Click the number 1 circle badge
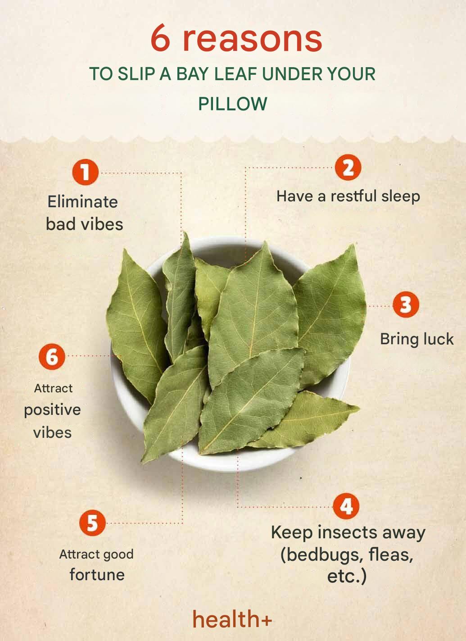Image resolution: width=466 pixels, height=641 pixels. tap(85, 172)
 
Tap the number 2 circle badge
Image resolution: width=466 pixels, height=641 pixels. tap(348, 168)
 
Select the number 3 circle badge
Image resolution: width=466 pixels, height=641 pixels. tap(406, 305)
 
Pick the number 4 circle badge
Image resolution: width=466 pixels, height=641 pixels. tap(346, 506)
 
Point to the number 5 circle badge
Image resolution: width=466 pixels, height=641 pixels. tap(92, 523)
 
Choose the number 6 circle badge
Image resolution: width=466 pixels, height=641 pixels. tap(52, 357)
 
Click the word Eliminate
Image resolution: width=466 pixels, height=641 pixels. tap(83, 202)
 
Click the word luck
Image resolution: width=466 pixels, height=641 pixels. tap(438, 339)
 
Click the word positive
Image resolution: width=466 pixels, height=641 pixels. tap(52, 410)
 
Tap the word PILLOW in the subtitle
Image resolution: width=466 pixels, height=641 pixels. tap(233, 104)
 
